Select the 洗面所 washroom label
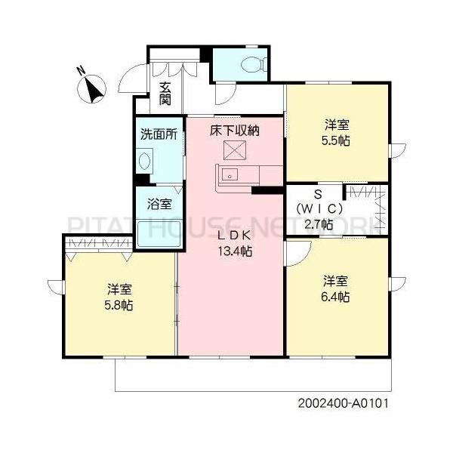point(159,135)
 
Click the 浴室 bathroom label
point(159,204)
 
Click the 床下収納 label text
point(235,131)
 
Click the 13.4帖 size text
point(235,251)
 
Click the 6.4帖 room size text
point(337,297)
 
